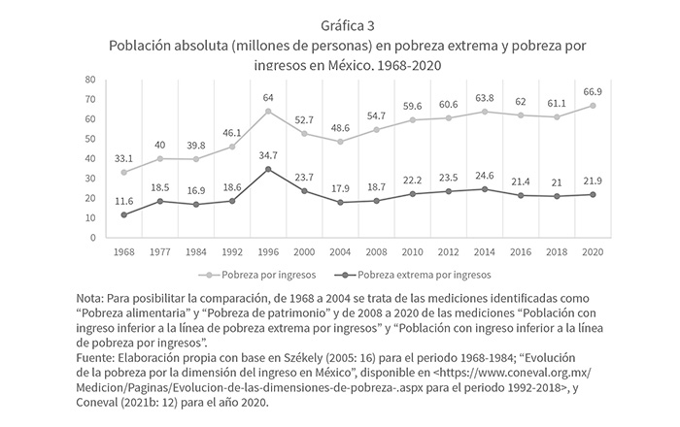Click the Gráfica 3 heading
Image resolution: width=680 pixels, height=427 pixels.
pyautogui.click(x=339, y=24)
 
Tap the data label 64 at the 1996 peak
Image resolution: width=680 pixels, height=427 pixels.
pyautogui.click(x=267, y=98)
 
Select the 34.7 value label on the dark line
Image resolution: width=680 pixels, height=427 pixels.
pyautogui.click(x=267, y=155)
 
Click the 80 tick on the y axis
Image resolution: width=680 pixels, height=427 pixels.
pyautogui.click(x=89, y=80)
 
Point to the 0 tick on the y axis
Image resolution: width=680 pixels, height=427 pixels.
pyautogui.click(x=92, y=237)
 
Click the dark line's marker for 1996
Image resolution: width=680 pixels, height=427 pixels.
pyautogui.click(x=267, y=169)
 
